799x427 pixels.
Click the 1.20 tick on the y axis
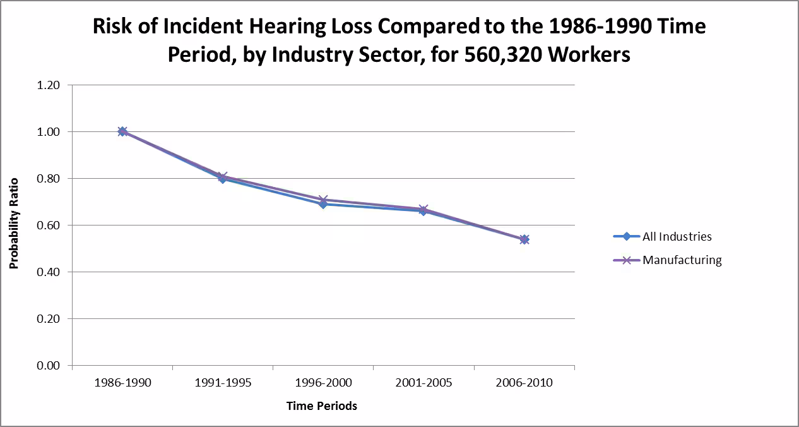[49, 85]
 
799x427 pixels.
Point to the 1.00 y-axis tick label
[49, 132]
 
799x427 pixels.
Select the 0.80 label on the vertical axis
[49, 179]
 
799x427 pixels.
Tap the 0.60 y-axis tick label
[49, 226]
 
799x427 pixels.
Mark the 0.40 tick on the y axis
[49, 272]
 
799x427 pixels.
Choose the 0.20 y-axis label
[49, 319]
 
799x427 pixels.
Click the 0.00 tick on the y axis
[49, 366]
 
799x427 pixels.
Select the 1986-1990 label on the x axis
[122, 383]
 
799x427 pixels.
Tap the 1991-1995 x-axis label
[223, 383]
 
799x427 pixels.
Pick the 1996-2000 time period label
[323, 383]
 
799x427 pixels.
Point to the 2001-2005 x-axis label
[423, 383]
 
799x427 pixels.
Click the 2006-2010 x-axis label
[524, 383]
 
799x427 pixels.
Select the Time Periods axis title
[322, 406]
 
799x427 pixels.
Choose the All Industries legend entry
[677, 237]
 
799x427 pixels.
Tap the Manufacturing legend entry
[682, 260]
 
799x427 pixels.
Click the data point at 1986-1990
[122, 131]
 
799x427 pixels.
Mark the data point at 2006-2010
[524, 239]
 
